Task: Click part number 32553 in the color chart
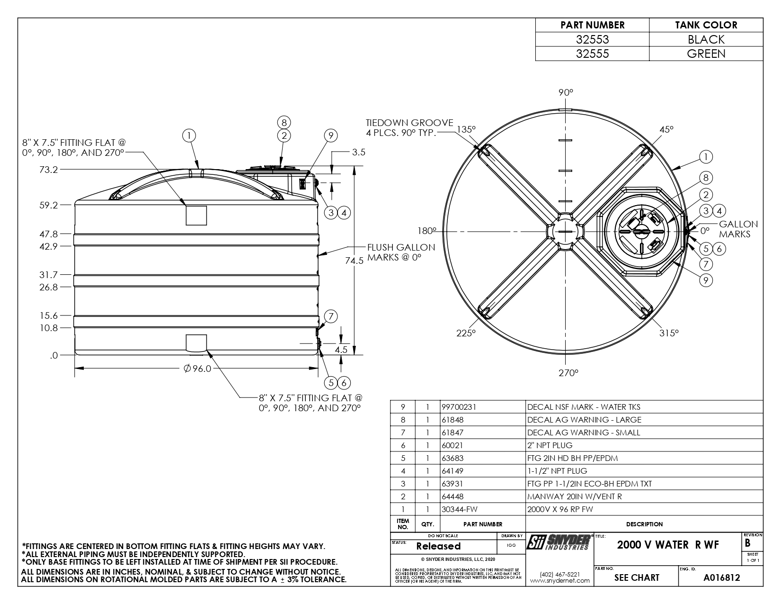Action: [592, 39]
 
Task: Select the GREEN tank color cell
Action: [706, 54]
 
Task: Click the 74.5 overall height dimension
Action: [354, 260]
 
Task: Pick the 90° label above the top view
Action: [565, 92]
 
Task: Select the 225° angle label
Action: [466, 333]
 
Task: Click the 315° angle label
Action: [669, 333]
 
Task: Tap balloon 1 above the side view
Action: [189, 136]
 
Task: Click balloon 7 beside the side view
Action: [331, 316]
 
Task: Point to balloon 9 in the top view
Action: [705, 280]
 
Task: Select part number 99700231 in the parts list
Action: [458, 407]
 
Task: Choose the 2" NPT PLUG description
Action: [550, 445]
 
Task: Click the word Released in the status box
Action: [438, 546]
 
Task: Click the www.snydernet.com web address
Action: [559, 580]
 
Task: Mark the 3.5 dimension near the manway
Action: [358, 153]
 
